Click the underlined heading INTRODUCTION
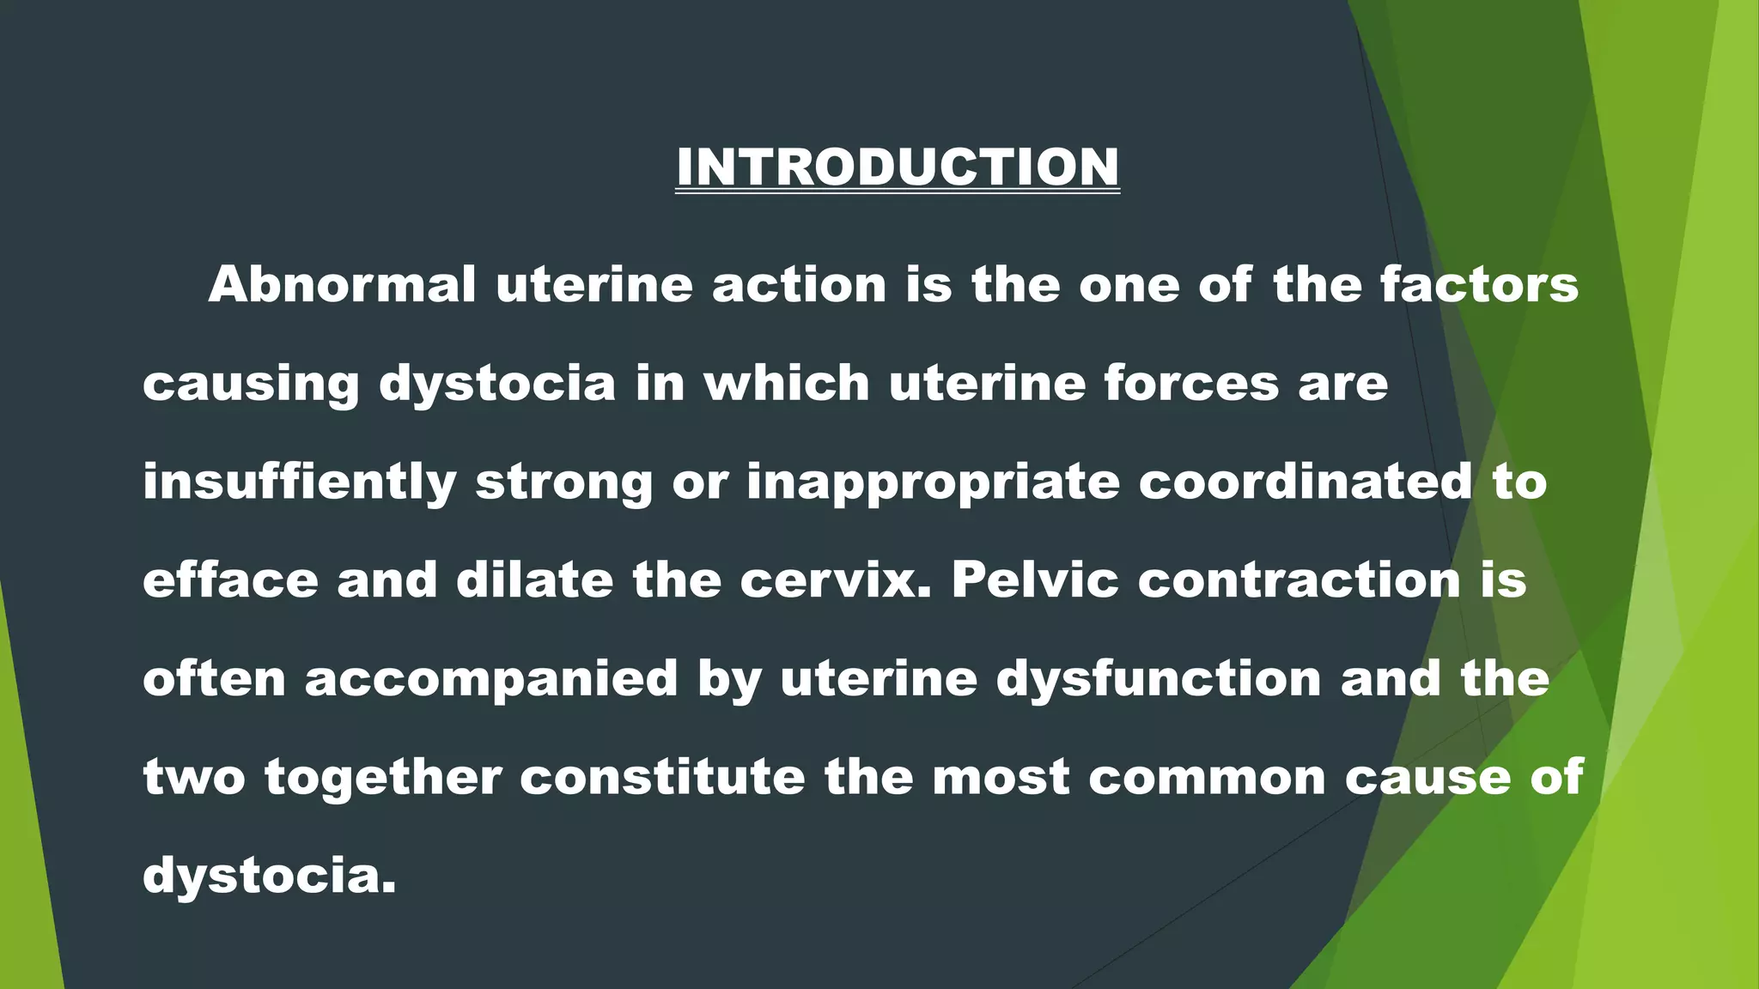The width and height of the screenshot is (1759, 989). click(898, 167)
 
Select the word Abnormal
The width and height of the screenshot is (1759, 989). click(342, 284)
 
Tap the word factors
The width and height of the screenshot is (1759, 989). click(1479, 284)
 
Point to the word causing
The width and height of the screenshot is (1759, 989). click(251, 383)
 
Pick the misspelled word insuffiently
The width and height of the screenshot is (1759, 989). click(299, 482)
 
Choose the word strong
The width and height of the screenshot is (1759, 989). click(563, 482)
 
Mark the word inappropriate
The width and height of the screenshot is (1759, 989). click(933, 482)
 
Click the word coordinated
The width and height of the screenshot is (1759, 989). click(1305, 482)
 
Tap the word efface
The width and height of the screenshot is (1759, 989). click(230, 580)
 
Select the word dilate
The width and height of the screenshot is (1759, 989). click(534, 580)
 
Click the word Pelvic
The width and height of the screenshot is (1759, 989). click(1035, 580)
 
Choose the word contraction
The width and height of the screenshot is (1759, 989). click(1299, 580)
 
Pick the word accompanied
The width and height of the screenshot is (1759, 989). click(491, 679)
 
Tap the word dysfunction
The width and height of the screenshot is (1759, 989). click(1159, 679)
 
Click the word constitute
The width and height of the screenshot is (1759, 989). click(662, 778)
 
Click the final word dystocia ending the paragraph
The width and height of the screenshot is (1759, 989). click(269, 877)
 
